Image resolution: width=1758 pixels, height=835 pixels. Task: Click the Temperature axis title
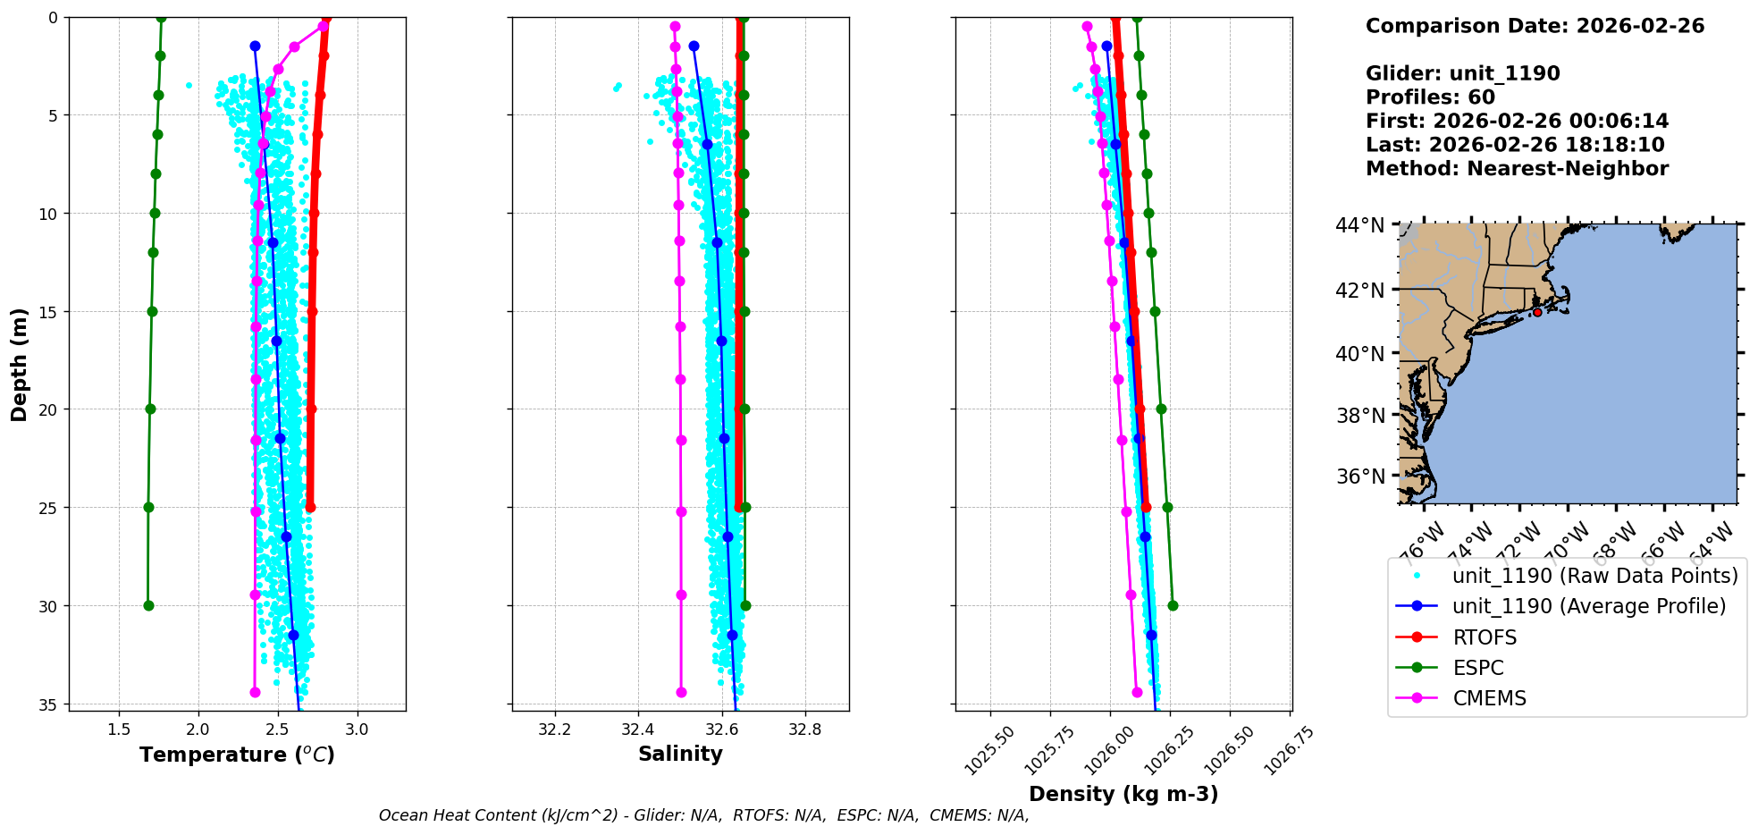237,755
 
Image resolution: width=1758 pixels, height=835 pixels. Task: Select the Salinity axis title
680,754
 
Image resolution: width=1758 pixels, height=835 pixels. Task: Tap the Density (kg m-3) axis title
1123,794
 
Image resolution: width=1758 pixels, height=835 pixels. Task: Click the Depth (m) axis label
20,364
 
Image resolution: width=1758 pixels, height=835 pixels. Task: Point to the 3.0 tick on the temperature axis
357,730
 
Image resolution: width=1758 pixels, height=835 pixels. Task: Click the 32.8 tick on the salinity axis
805,730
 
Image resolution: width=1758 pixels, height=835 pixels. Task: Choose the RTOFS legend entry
1485,637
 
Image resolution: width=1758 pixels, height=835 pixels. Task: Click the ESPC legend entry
1478,668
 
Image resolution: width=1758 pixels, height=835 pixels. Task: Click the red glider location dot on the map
1537,312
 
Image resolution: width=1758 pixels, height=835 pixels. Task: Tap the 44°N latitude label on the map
1359,225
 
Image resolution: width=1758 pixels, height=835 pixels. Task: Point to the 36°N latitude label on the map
1359,477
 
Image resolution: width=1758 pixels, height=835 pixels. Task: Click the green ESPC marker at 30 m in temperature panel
148,605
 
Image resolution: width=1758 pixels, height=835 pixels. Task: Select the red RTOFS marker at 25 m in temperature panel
310,507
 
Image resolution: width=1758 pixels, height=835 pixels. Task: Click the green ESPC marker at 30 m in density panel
1173,605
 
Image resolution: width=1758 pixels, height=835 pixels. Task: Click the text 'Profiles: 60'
1430,97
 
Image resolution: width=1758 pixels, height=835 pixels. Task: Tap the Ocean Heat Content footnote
703,815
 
